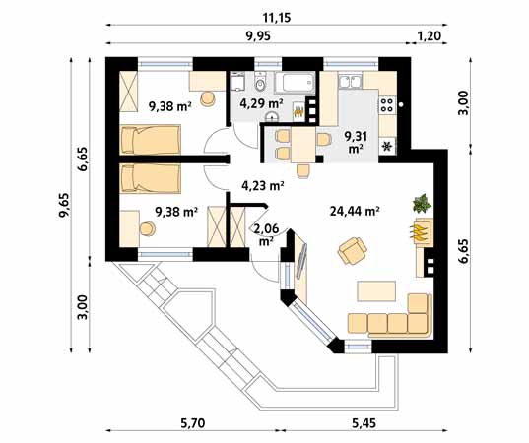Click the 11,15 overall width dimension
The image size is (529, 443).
277,17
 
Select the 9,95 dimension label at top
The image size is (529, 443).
258,35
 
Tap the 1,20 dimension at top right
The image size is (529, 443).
430,35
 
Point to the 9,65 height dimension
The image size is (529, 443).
64,206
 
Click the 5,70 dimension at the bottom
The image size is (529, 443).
193,423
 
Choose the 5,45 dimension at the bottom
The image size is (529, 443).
364,423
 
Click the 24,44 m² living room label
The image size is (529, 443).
355,212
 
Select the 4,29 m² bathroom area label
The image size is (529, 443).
261,103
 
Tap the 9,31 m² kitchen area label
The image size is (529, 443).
356,142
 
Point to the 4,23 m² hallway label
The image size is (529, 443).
263,185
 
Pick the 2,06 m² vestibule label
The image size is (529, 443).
267,234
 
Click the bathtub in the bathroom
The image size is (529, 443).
295,83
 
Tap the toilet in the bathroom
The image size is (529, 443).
260,82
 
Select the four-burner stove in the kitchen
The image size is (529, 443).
386,104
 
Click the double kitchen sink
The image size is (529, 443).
350,81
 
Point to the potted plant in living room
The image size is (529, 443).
422,204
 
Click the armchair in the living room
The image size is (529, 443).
353,250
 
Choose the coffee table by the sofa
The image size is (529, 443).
377,291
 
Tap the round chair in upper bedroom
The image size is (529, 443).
208,98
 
